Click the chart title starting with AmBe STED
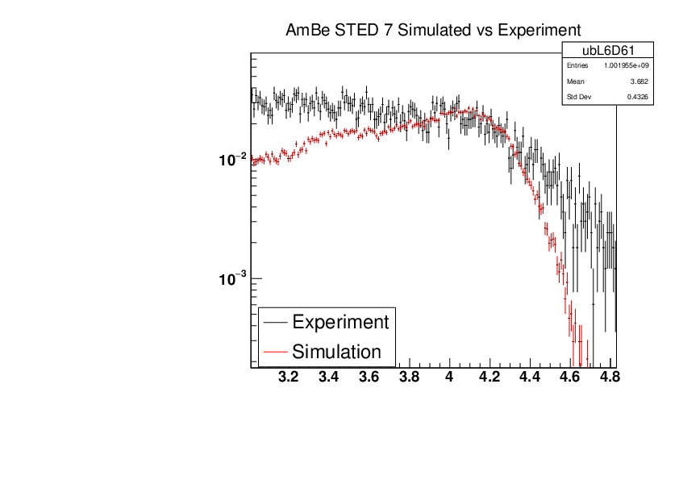[433, 31]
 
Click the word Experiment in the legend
[340, 322]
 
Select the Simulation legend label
[336, 352]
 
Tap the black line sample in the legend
[275, 322]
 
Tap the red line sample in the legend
[275, 352]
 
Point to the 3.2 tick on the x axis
[288, 377]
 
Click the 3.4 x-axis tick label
[328, 377]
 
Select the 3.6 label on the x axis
[369, 377]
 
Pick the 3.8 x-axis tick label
[409, 377]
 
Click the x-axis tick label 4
[450, 377]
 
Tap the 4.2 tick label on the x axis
[490, 377]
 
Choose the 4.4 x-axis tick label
[531, 377]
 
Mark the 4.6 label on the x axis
[571, 377]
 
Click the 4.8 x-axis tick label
[611, 377]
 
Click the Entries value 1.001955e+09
[627, 66]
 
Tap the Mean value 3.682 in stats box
[639, 82]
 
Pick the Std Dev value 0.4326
[637, 98]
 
